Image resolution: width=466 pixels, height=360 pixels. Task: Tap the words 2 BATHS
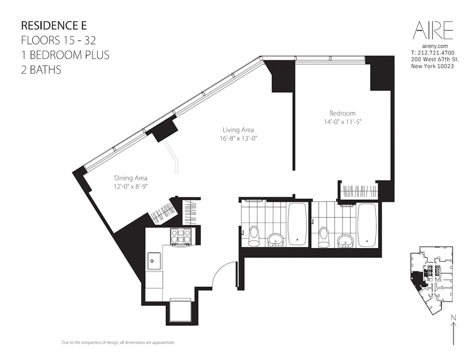coord(41,70)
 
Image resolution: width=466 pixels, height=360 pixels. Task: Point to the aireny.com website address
coord(434,46)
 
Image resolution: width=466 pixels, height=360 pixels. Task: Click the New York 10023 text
coord(432,66)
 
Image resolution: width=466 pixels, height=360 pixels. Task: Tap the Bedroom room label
coord(343,113)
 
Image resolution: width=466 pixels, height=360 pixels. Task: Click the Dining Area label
coord(131,178)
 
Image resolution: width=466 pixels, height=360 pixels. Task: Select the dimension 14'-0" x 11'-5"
coord(343,122)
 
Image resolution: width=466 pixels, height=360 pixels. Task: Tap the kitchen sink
coord(154,261)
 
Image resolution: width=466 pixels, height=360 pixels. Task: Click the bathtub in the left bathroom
coord(297,224)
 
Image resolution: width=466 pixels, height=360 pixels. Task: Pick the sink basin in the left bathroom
coord(276,239)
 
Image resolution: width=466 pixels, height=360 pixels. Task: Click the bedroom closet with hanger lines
coord(359,191)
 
